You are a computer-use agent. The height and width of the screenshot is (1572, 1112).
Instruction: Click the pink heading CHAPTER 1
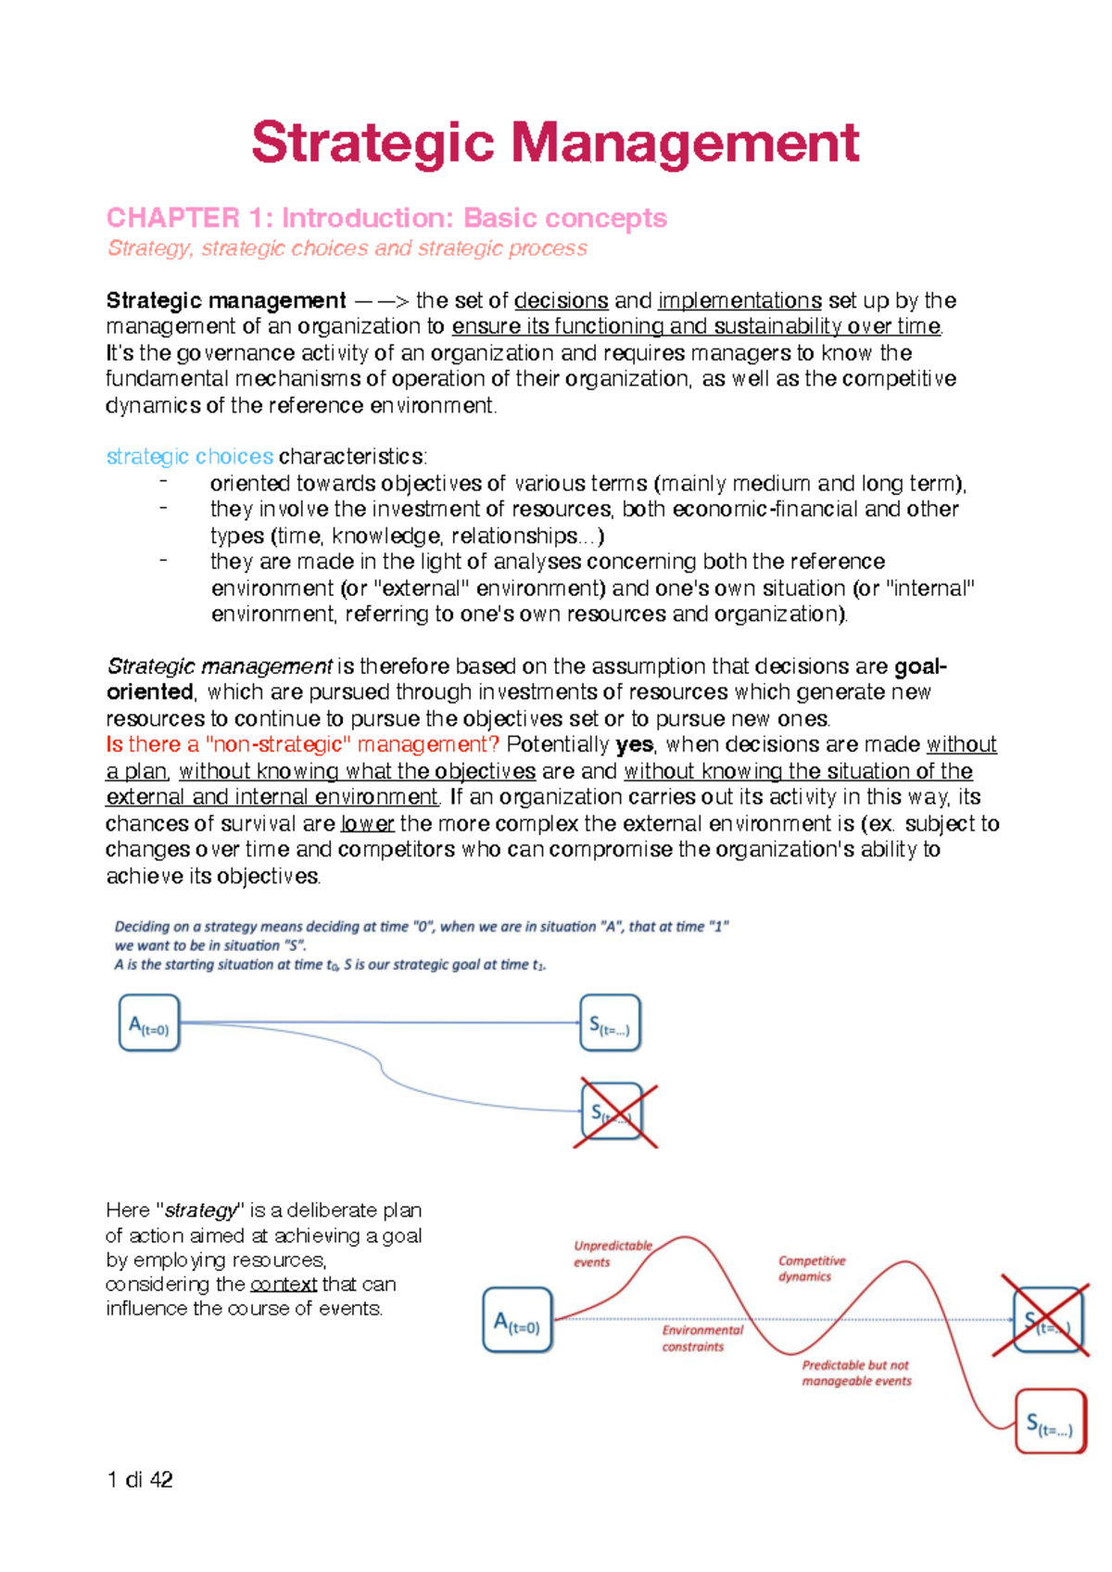click(x=386, y=218)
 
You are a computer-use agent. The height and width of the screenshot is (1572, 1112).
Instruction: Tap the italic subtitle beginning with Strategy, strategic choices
click(x=347, y=248)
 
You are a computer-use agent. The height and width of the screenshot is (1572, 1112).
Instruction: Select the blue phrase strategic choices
click(x=189, y=456)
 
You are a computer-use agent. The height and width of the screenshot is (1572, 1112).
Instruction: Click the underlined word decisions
click(x=561, y=300)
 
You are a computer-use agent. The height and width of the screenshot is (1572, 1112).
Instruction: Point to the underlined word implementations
click(x=739, y=300)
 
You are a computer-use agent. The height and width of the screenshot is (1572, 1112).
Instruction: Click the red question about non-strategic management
click(x=303, y=744)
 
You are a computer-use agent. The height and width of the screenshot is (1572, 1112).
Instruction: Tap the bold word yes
click(x=634, y=744)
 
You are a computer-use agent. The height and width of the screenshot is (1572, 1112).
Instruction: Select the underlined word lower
click(x=368, y=823)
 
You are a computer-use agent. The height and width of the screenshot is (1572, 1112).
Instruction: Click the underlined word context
click(x=284, y=1284)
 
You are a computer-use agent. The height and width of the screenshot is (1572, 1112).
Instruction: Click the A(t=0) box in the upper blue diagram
click(x=149, y=1023)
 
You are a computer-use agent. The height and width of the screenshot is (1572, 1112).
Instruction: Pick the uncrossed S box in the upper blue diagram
click(x=610, y=1023)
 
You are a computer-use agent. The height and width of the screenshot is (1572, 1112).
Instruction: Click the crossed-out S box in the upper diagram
click(x=612, y=1111)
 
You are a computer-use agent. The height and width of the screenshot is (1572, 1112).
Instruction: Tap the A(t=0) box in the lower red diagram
click(x=517, y=1320)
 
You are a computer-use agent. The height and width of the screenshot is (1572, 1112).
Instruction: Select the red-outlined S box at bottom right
click(x=1050, y=1421)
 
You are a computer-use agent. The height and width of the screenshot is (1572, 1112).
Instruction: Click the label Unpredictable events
click(x=612, y=1253)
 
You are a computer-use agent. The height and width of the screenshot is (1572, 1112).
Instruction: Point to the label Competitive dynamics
click(x=811, y=1268)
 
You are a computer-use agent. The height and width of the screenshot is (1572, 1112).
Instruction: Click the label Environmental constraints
click(x=701, y=1337)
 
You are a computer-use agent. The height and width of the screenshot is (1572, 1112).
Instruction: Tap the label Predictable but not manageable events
click(x=856, y=1373)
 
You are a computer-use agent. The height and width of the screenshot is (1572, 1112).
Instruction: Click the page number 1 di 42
click(x=139, y=1479)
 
